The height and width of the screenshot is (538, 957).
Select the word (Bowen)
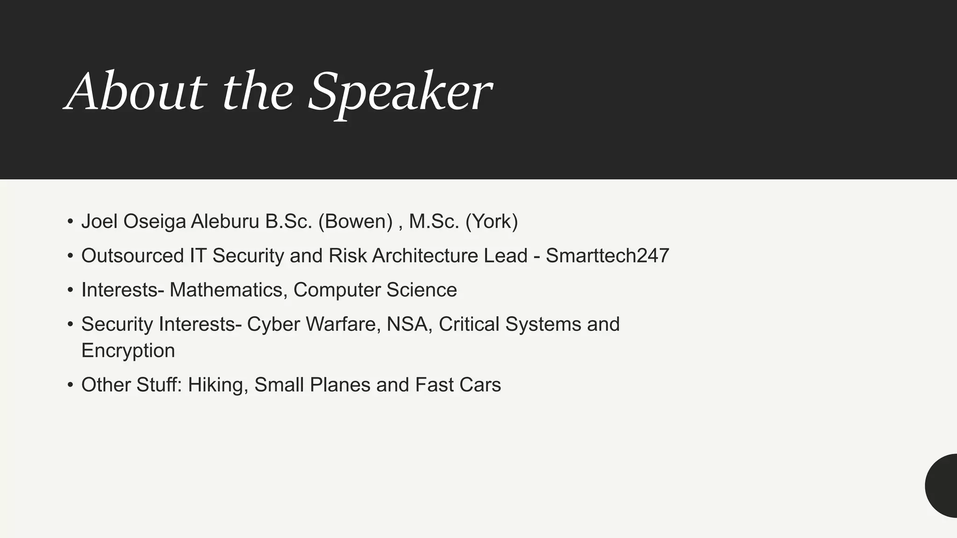355,221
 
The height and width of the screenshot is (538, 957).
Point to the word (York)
492,221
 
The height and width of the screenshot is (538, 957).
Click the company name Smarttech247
607,256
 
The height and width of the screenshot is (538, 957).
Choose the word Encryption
128,351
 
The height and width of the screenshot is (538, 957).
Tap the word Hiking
218,385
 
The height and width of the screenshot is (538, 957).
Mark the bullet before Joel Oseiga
70,222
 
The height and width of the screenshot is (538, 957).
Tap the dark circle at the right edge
943,486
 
